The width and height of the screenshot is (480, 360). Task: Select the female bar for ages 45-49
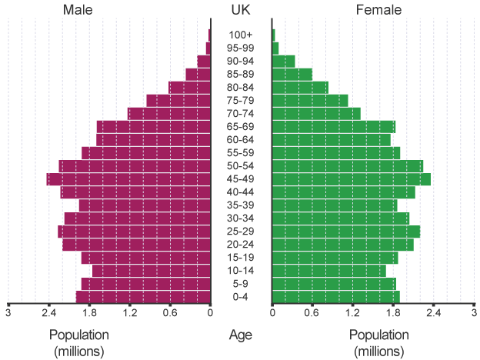tap(351, 179)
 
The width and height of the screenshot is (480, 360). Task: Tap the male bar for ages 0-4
tap(143, 297)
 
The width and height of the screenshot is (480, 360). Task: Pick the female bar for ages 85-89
tap(292, 75)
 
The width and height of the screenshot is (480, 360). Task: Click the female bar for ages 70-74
tap(316, 114)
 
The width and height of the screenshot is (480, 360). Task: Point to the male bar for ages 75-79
tap(178, 101)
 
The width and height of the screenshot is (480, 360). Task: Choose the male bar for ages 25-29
tap(134, 232)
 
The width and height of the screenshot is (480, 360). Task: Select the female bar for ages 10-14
tap(329, 271)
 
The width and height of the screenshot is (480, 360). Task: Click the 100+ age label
tap(241, 35)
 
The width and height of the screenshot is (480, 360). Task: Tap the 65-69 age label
tap(241, 127)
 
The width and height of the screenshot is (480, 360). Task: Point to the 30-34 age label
tap(241, 218)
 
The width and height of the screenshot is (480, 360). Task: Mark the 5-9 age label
tap(241, 284)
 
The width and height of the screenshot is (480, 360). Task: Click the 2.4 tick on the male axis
tap(48, 313)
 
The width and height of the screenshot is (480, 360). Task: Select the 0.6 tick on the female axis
tap(312, 313)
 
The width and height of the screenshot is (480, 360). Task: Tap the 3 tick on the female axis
tap(474, 313)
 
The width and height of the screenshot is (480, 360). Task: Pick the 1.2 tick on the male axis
tap(129, 313)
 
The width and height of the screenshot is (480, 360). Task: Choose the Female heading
tap(378, 10)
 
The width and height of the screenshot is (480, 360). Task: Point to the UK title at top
tap(241, 10)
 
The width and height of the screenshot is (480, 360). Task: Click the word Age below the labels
tap(241, 335)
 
